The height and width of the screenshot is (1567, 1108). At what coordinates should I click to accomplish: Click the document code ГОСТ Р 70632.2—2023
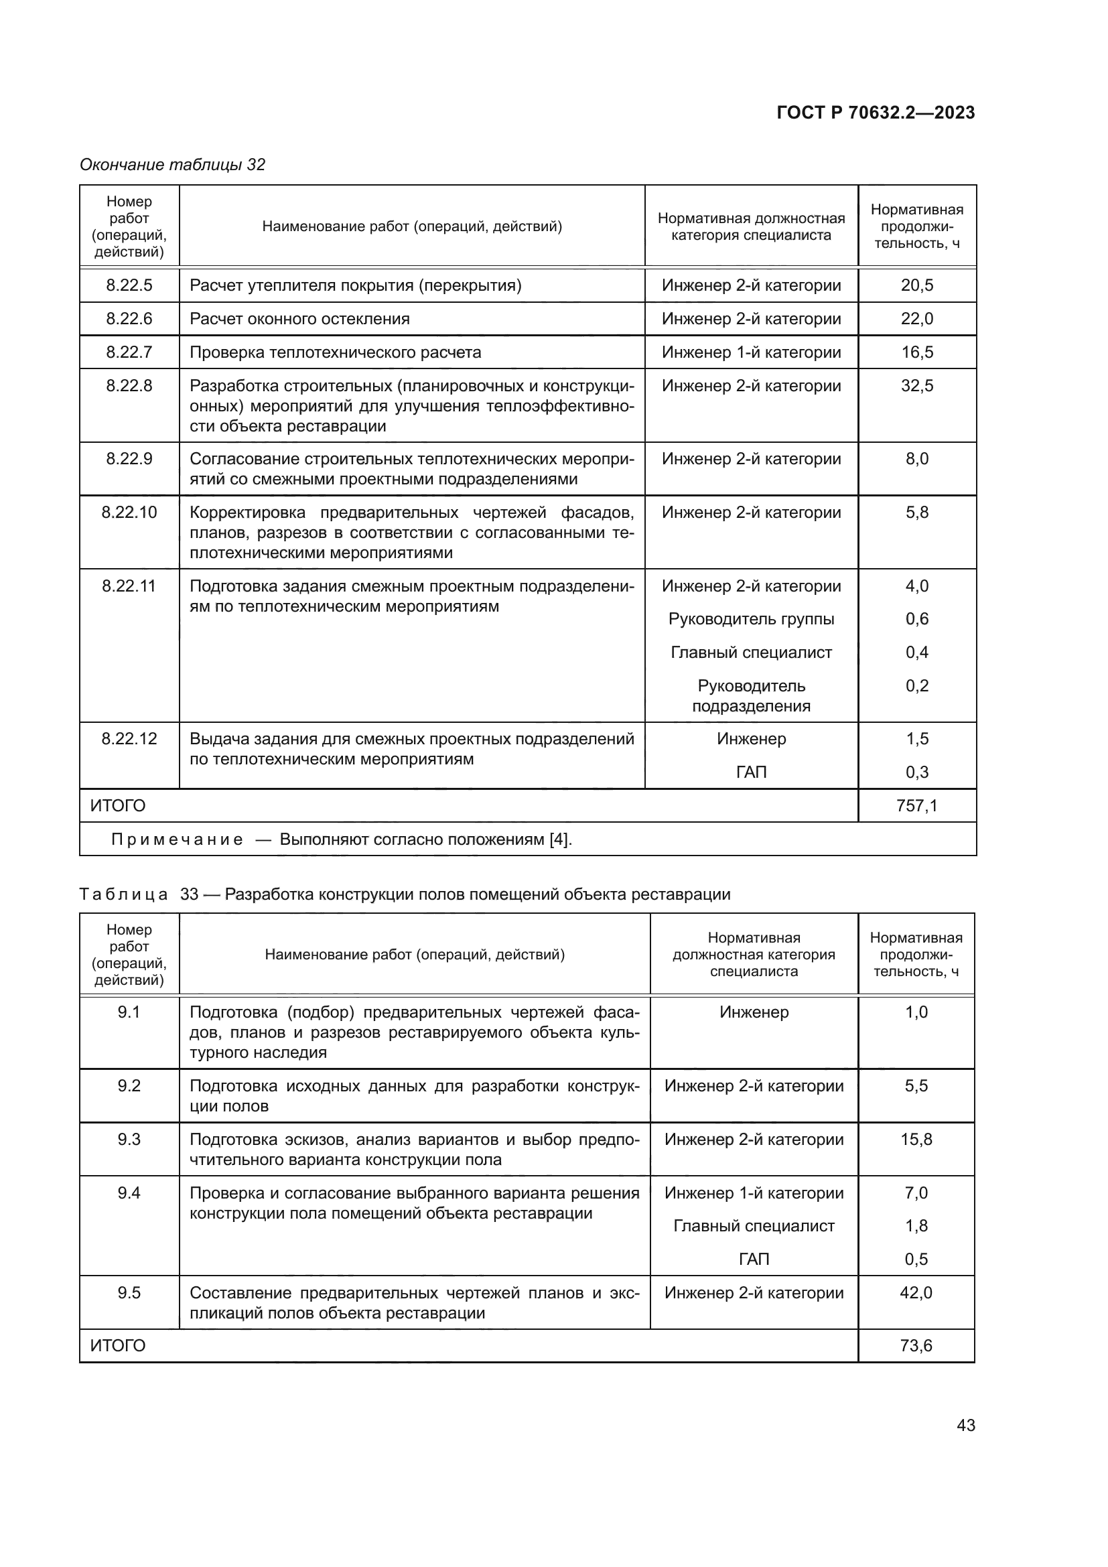(876, 113)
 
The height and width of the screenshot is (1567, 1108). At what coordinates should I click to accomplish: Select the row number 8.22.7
(129, 352)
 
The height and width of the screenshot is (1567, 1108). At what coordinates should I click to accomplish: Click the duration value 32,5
(917, 386)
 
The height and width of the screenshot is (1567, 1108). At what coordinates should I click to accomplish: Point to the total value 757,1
(917, 806)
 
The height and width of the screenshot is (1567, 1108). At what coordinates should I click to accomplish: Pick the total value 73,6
(916, 1345)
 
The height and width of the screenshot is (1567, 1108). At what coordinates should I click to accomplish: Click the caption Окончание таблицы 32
(173, 165)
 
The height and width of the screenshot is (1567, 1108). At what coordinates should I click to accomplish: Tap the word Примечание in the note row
(177, 839)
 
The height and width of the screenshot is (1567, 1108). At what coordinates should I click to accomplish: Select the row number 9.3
(129, 1139)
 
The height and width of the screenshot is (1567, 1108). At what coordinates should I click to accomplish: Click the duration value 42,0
(916, 1292)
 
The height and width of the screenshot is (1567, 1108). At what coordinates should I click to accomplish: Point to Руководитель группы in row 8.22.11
(751, 619)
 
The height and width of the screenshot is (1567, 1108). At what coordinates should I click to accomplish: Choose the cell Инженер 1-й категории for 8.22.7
(751, 352)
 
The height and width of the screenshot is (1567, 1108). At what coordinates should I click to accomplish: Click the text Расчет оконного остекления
(299, 319)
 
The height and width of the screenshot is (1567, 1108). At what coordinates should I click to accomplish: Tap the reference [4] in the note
(559, 839)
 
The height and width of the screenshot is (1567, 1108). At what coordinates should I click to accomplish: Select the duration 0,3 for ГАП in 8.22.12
(917, 772)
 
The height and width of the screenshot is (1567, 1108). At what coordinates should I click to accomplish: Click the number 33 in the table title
(189, 894)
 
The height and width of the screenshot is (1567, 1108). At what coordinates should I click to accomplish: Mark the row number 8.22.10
(129, 513)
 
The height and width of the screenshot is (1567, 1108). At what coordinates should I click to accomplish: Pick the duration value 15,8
(916, 1139)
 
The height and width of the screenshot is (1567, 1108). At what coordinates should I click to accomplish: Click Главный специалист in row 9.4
(753, 1226)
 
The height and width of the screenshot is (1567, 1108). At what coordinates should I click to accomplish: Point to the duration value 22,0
(917, 319)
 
